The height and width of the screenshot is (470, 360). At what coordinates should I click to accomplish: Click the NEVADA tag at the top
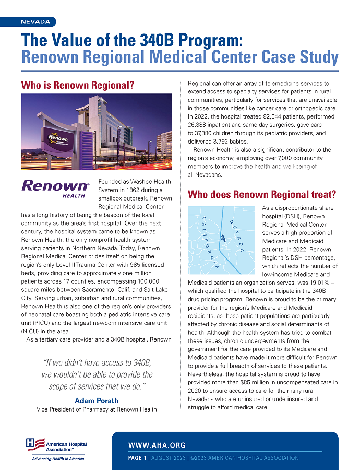coord(35,22)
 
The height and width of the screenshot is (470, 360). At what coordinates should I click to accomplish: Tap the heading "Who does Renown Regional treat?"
coord(261,195)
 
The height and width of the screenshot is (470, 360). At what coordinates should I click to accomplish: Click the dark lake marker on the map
coord(223,238)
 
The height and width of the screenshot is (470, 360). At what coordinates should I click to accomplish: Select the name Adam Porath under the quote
coord(97,401)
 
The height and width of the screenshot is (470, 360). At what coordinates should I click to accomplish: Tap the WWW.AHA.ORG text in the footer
coord(157,445)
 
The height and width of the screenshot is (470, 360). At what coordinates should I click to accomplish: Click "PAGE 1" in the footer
coord(137,458)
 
